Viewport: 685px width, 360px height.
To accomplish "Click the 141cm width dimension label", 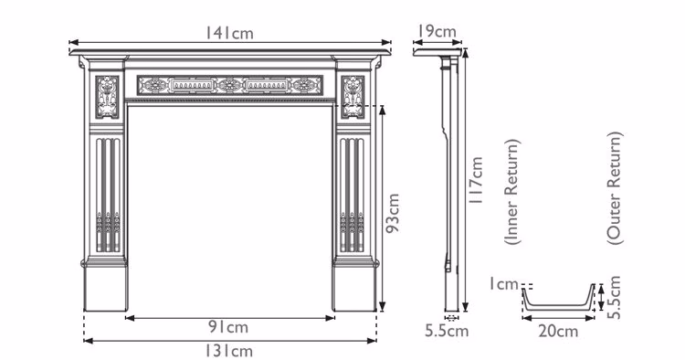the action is pos(229,33).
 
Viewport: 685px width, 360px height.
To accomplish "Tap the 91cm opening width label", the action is pos(228,327).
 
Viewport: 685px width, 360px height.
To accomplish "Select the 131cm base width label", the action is pos(229,350).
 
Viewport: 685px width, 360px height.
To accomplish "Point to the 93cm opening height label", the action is pos(393,213).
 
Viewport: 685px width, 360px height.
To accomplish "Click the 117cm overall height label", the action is pos(475,180).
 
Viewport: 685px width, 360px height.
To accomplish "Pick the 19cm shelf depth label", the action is pos(437,31).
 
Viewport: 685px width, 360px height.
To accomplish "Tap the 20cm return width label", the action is pos(558,331).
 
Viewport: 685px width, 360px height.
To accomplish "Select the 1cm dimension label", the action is pos(503,284).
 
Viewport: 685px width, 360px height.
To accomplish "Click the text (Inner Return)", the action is pos(511,192).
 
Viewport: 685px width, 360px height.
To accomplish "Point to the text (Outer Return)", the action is pos(614,188).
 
